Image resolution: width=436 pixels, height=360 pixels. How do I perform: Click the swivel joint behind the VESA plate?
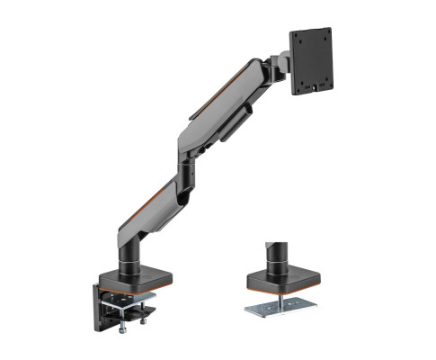280,65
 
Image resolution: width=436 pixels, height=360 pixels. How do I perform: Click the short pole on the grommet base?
272,254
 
